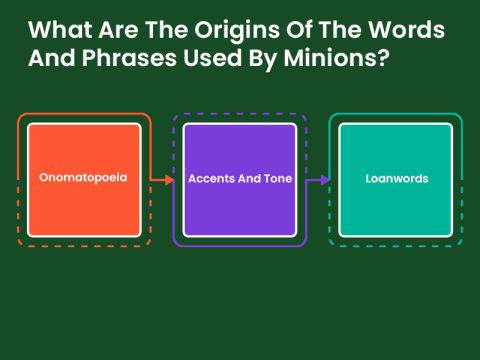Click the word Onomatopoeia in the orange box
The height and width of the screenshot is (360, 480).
84,179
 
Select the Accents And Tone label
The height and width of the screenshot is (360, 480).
240,179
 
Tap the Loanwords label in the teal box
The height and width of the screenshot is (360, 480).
396,179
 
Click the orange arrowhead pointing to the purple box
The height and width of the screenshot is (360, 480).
169,180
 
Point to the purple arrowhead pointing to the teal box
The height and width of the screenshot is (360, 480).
325,180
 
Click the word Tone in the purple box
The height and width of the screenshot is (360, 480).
275,179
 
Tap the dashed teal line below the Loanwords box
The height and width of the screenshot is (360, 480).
396,245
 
